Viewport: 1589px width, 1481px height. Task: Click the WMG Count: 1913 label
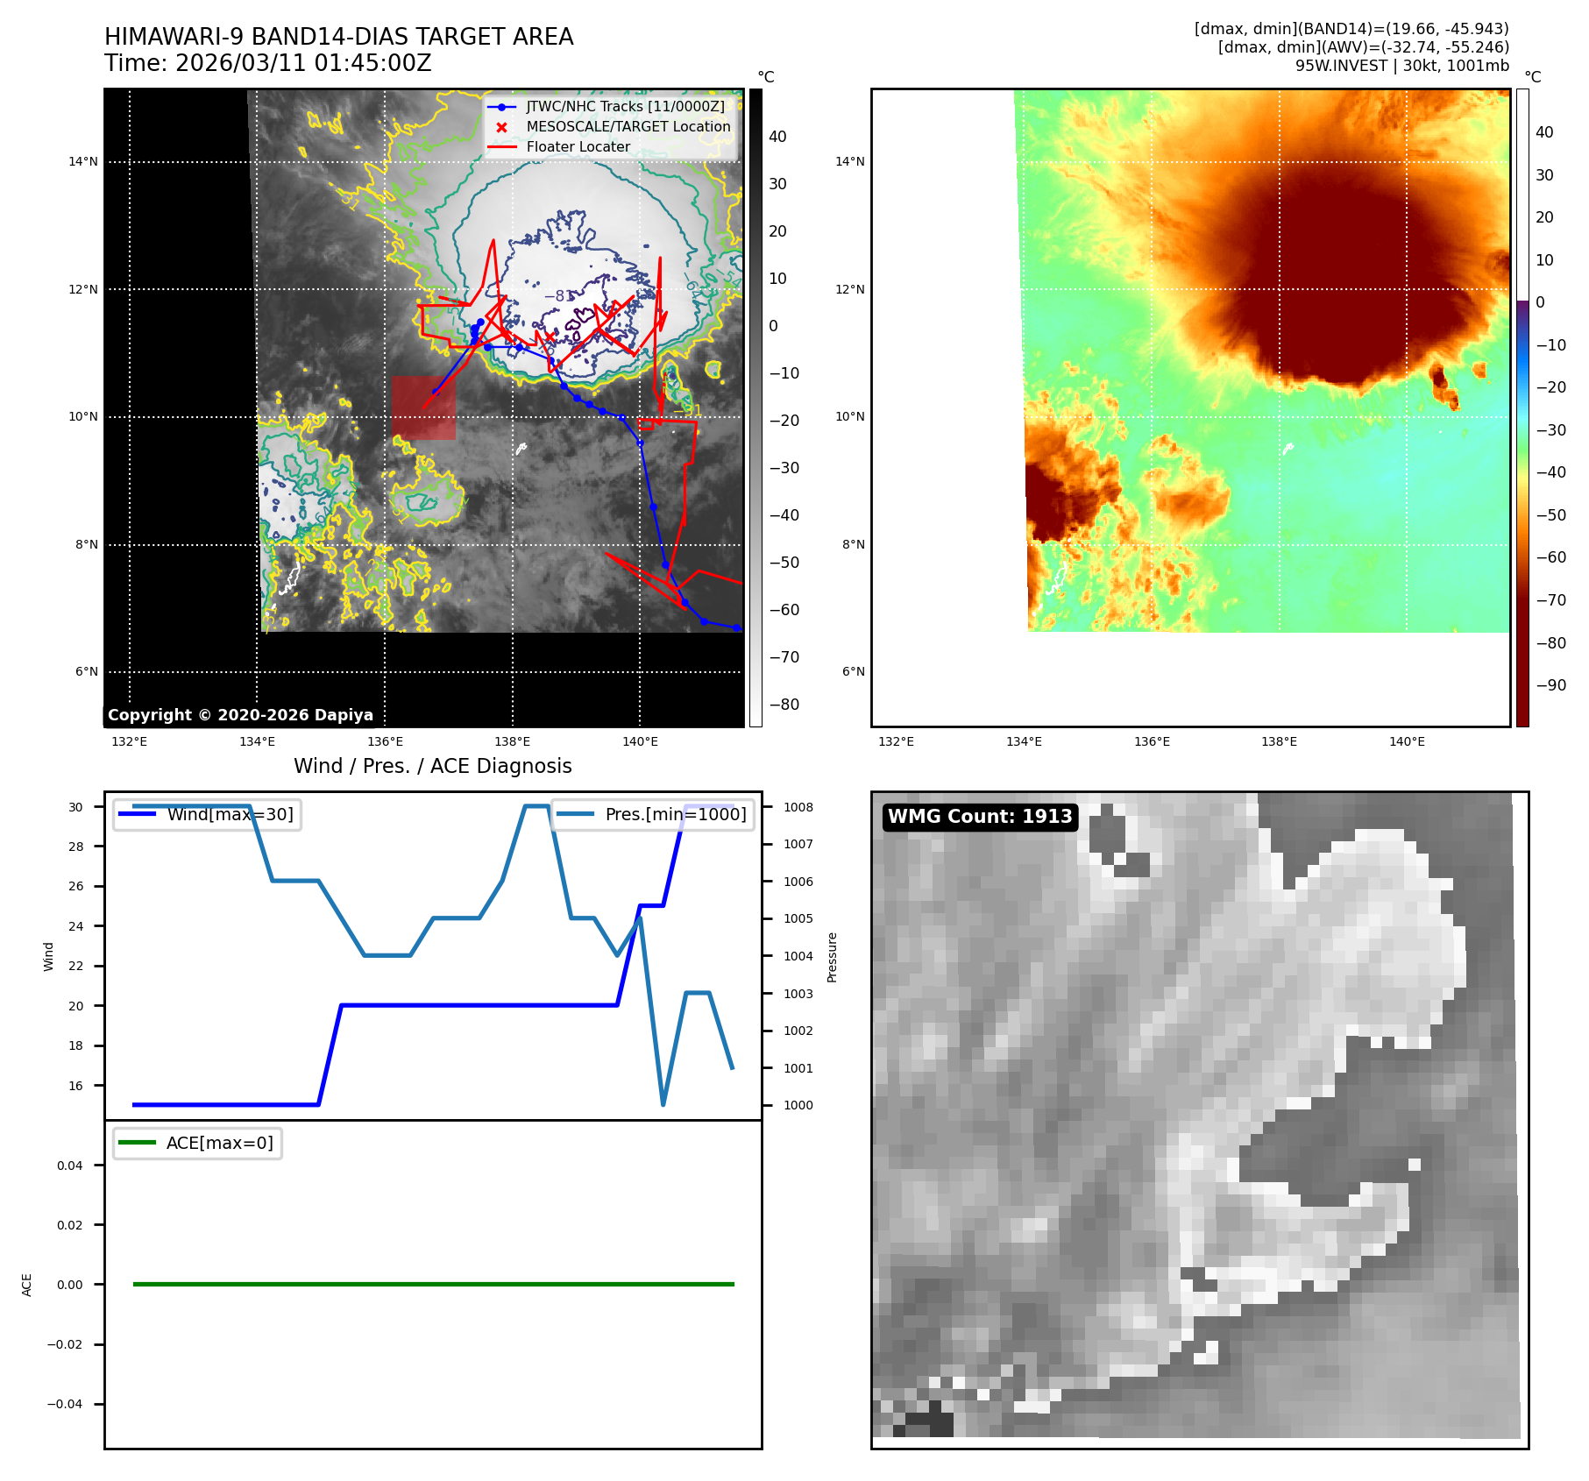tap(980, 817)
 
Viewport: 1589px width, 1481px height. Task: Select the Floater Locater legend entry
tap(578, 147)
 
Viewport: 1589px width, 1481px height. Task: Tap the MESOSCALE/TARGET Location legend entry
tap(628, 127)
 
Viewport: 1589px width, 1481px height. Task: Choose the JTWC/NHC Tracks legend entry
tap(625, 107)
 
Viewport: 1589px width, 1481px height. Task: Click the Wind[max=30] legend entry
tap(230, 815)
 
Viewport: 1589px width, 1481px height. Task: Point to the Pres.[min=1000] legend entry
tap(675, 815)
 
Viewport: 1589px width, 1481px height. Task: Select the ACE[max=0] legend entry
tap(219, 1144)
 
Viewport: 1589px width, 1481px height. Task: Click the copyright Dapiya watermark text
tap(240, 715)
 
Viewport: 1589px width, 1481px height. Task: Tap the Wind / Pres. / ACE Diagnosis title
tap(432, 766)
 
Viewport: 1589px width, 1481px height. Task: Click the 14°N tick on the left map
tap(83, 161)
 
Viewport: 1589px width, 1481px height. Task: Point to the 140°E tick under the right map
tap(1407, 742)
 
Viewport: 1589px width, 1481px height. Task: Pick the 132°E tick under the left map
tap(130, 742)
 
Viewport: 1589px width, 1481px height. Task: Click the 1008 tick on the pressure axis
tap(798, 807)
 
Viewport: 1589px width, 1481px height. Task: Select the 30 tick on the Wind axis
tap(76, 807)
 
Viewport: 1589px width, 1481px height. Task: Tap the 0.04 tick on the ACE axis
tap(70, 1166)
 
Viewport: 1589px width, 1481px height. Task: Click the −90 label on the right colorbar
tap(1550, 685)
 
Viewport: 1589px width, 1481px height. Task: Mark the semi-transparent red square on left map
tap(423, 408)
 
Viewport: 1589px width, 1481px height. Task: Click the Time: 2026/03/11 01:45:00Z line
tap(267, 64)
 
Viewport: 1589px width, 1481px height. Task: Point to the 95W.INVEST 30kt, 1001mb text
tap(1401, 66)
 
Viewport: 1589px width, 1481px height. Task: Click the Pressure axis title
tap(833, 957)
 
